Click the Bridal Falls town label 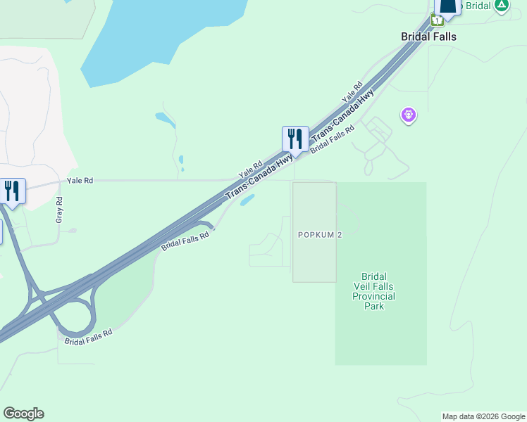click(x=428, y=37)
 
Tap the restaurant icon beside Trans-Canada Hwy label click(x=295, y=139)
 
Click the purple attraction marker click(x=408, y=115)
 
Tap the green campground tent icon click(x=501, y=6)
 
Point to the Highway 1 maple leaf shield click(x=438, y=21)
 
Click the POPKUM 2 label click(x=320, y=235)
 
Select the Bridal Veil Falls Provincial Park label click(x=373, y=292)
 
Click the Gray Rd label click(x=59, y=210)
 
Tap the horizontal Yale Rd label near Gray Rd click(x=80, y=181)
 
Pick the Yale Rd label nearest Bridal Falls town click(x=352, y=91)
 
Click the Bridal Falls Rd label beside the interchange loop click(x=89, y=336)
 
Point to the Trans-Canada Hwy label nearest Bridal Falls click(x=343, y=115)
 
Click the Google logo click(x=23, y=414)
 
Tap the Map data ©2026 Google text click(x=484, y=416)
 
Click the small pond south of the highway click(x=247, y=201)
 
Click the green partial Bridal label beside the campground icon click(x=478, y=6)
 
